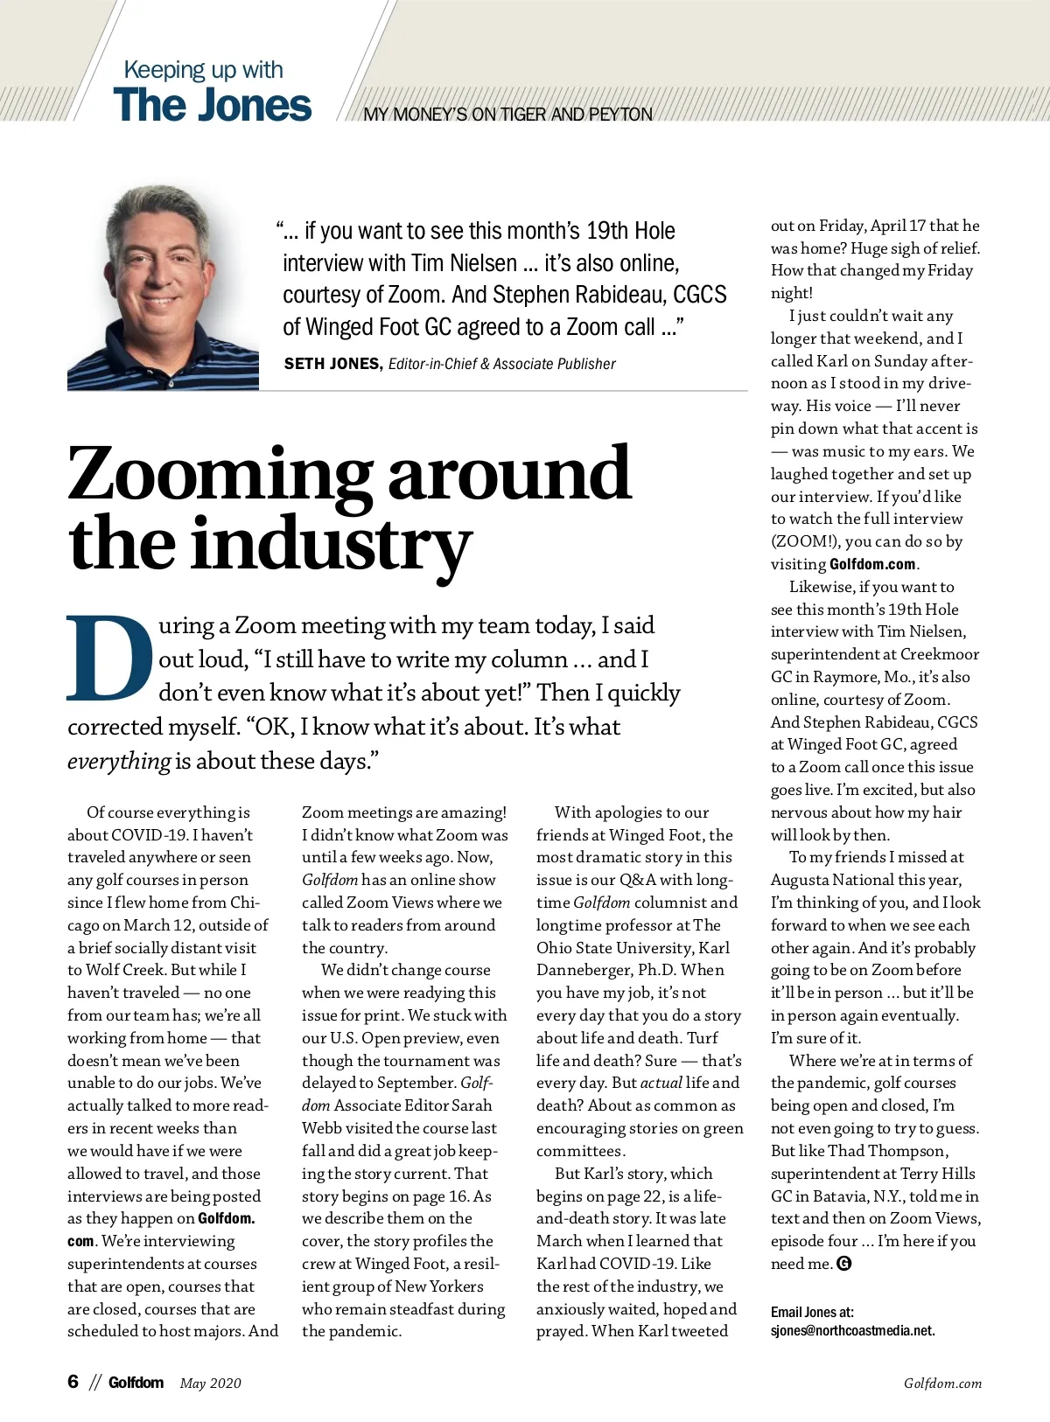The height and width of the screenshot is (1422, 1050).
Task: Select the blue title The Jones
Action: point(212,105)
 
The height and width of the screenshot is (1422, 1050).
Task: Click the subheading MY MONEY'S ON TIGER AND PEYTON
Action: point(507,115)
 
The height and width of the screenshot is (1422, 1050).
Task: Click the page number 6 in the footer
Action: point(73,1382)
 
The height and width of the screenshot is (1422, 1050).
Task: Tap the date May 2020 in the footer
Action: point(210,1383)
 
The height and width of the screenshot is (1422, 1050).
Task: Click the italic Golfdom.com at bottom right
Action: point(942,1384)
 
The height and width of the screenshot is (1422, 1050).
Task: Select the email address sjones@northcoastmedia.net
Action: point(852,1331)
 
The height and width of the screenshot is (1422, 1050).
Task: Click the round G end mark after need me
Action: point(844,1264)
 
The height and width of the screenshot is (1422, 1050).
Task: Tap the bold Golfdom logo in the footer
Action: point(136,1382)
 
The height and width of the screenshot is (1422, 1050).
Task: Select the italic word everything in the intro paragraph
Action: point(119,762)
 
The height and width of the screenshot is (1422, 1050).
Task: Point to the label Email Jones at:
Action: point(812,1312)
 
